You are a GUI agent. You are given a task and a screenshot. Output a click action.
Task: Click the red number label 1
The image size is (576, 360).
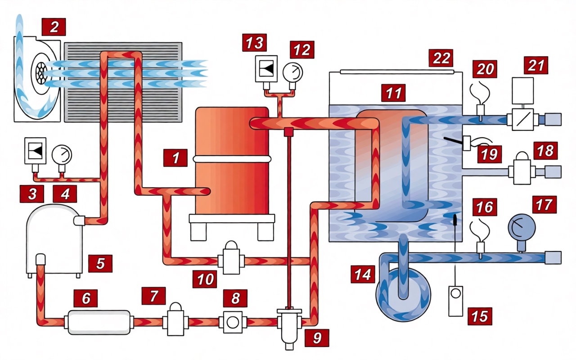[175, 157]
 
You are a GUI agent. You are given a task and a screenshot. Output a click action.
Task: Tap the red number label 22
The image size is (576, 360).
[441, 58]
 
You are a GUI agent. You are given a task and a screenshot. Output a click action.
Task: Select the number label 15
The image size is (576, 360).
[479, 316]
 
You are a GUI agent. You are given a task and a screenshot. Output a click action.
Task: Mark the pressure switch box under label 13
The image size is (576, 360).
[266, 69]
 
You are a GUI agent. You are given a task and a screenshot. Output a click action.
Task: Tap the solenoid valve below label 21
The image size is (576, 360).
[522, 119]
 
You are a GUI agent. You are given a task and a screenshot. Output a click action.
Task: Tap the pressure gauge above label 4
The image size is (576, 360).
[62, 155]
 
